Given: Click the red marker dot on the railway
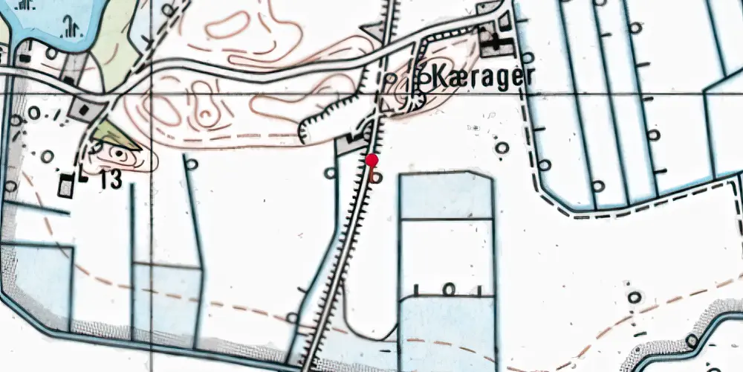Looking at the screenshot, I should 372,160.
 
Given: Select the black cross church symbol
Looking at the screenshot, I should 493,42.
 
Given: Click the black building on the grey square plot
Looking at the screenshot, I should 82,110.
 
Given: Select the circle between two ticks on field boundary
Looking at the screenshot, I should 448,288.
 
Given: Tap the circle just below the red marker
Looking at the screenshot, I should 377,178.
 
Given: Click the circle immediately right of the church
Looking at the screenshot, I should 528,57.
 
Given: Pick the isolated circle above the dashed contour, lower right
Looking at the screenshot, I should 634,298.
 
